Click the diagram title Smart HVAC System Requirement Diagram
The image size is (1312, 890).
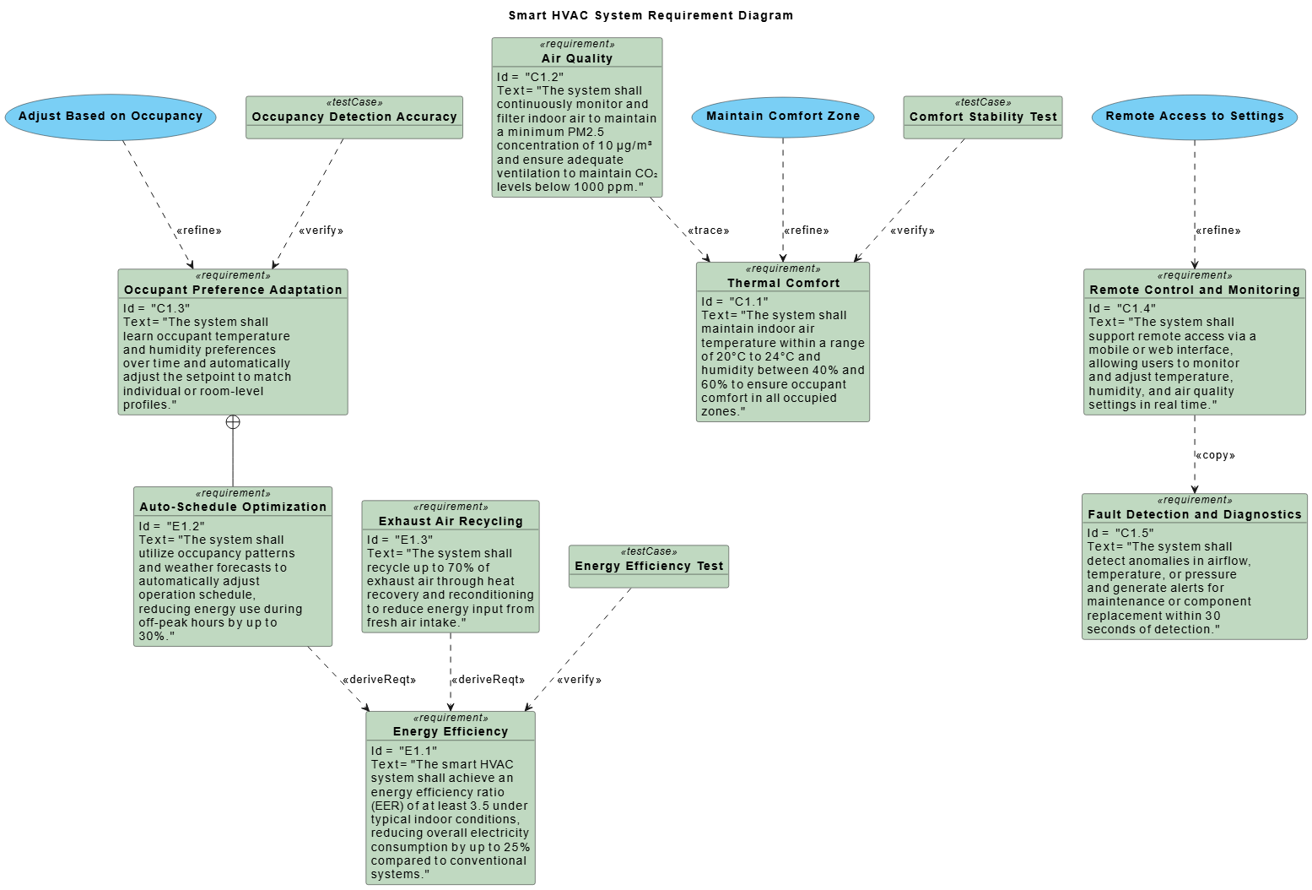pyautogui.click(x=651, y=15)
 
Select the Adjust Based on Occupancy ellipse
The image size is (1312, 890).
pyautogui.click(x=111, y=117)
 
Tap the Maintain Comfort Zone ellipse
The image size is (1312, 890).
pyautogui.click(x=783, y=117)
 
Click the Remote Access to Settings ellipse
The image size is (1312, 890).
pyautogui.click(x=1194, y=117)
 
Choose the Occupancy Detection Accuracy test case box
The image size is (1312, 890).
pyautogui.click(x=354, y=117)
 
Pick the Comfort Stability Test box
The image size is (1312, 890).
pyautogui.click(x=983, y=117)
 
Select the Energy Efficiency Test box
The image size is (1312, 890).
pyautogui.click(x=649, y=566)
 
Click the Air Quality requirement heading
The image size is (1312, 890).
pyautogui.click(x=577, y=58)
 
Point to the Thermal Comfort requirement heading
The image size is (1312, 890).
pyautogui.click(x=783, y=283)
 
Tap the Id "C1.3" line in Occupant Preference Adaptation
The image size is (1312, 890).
pyautogui.click(x=157, y=308)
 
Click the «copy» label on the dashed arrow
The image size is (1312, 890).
pyautogui.click(x=1215, y=455)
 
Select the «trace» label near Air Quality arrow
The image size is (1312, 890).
pyautogui.click(x=708, y=231)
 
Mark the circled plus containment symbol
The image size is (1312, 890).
pyautogui.click(x=233, y=422)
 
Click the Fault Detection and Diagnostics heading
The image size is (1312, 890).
pyautogui.click(x=1194, y=514)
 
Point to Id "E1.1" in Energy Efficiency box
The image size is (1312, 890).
pyautogui.click(x=404, y=751)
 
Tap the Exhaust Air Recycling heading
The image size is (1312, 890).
pyautogui.click(x=451, y=521)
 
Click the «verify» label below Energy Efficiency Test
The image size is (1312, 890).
pyautogui.click(x=579, y=680)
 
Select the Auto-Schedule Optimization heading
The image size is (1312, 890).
pyautogui.click(x=233, y=507)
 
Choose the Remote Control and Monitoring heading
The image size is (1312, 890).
pyautogui.click(x=1194, y=290)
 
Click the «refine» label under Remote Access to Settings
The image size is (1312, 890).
pyautogui.click(x=1218, y=231)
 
